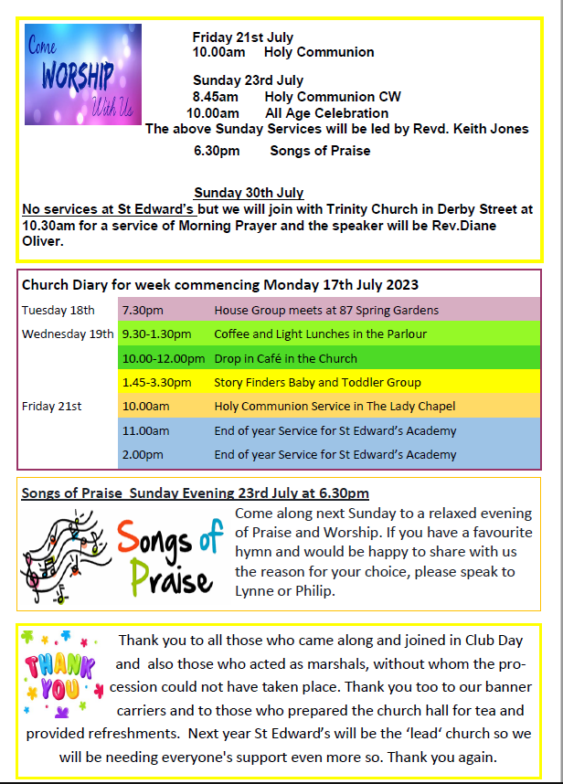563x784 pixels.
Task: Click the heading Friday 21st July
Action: pos(242,37)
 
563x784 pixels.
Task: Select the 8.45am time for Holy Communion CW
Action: pos(215,97)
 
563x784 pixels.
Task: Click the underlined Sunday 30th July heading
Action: pos(249,193)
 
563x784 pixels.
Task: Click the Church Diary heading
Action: pos(219,285)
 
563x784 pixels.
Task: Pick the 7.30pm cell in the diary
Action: pos(143,311)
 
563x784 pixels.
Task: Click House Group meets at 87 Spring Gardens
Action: pos(325,311)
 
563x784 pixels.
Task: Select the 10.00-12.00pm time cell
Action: pos(163,358)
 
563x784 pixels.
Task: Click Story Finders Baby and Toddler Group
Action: pos(317,382)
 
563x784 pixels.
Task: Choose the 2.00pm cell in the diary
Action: pos(143,454)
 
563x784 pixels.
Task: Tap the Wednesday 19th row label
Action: pos(68,334)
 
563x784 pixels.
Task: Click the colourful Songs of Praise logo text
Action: pos(168,555)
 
